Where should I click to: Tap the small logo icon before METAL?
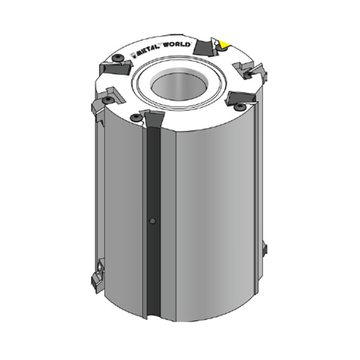133,55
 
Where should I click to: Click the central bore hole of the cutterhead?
180,86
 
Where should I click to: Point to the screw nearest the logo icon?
118,58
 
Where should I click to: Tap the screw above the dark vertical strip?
135,118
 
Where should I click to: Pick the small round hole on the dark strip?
152,221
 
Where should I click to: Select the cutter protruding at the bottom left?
98,276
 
